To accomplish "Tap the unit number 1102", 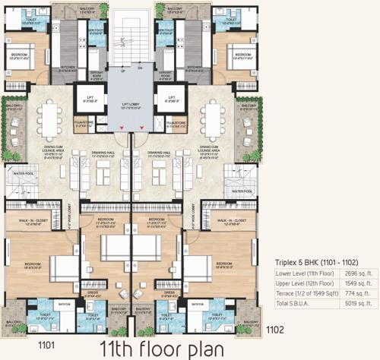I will click(x=276, y=329).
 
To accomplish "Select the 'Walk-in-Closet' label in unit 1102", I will click(x=230, y=222).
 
